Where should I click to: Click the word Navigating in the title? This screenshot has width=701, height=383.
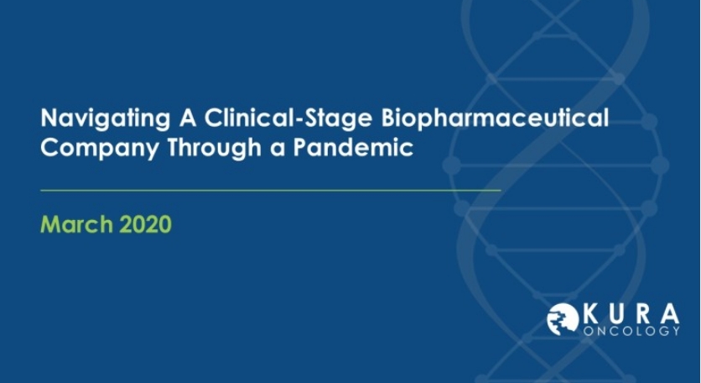[105, 118]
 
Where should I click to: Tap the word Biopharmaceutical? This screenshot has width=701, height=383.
[495, 118]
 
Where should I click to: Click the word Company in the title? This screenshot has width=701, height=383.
[99, 148]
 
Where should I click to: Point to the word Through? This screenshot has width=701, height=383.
[214, 147]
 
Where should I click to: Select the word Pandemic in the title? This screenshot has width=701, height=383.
[353, 146]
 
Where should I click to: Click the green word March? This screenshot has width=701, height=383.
[76, 224]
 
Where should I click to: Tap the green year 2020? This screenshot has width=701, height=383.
[145, 224]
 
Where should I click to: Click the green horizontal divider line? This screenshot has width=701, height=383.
[271, 191]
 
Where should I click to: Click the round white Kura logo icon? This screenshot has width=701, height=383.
[563, 319]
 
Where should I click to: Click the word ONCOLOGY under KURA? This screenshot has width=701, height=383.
[631, 331]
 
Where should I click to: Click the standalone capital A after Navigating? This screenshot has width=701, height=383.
[187, 118]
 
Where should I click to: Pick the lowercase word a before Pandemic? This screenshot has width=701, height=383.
[278, 150]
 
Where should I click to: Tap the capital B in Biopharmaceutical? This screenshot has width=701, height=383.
[389, 118]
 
